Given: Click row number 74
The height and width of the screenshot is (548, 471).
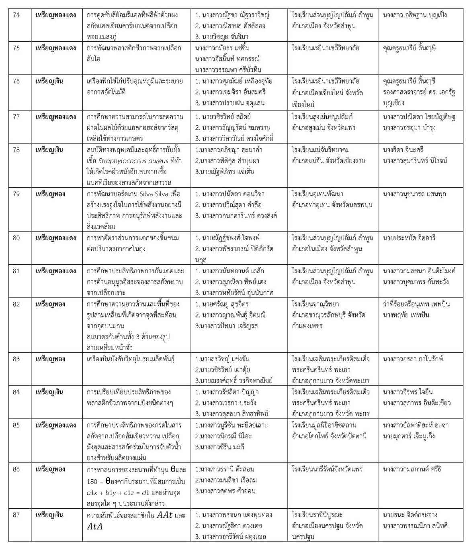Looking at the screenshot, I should (x=16, y=15).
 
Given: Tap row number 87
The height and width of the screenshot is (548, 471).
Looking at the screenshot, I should (x=16, y=515).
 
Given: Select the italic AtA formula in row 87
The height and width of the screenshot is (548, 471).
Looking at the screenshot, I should (x=95, y=526).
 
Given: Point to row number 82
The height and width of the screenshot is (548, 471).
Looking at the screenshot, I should (x=16, y=304).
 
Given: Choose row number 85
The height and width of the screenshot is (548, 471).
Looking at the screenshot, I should (x=16, y=425).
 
